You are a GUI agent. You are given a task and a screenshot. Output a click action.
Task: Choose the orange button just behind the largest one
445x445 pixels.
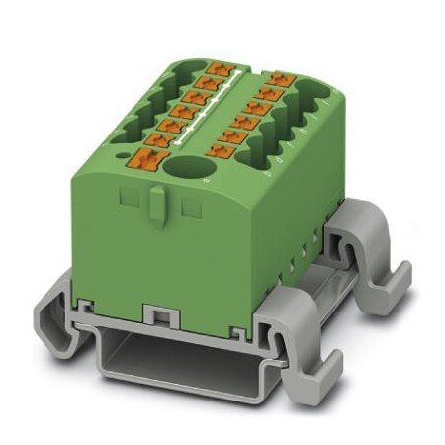[162, 138]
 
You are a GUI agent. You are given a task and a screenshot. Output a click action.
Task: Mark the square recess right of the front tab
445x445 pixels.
[190, 207]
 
